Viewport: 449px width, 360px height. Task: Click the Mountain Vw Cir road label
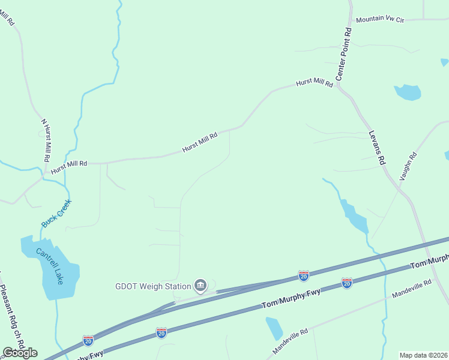click(380, 20)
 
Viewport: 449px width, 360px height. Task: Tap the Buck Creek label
click(56, 214)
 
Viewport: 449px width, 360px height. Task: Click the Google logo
click(20, 353)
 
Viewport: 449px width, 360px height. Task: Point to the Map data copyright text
click(424, 355)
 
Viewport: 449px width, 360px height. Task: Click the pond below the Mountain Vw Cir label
click(408, 92)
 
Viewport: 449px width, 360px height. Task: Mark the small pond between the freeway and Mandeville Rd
click(274, 328)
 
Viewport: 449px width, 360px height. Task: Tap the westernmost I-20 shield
click(88, 340)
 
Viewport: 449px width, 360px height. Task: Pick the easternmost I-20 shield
click(346, 283)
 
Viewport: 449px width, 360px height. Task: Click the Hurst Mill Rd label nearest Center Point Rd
click(315, 83)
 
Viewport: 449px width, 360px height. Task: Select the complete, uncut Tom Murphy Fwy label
click(291, 299)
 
